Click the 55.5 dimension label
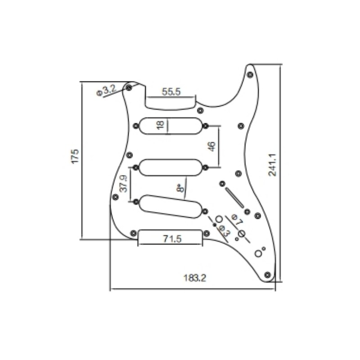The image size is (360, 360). pyautogui.click(x=171, y=92)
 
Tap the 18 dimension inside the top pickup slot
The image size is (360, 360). pyautogui.click(x=161, y=125)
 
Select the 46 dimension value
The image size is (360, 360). pyautogui.click(x=212, y=146)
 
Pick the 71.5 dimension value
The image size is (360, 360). pyautogui.click(x=171, y=239)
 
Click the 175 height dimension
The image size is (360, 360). pyautogui.click(x=75, y=156)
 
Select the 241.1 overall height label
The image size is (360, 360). pyautogui.click(x=272, y=164)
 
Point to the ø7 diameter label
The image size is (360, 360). pyautogui.click(x=237, y=220)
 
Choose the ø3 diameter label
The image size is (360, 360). pyautogui.click(x=224, y=231)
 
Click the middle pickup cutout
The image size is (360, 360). pyautogui.click(x=171, y=167)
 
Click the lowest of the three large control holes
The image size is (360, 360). pyautogui.click(x=258, y=253)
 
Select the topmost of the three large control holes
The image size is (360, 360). pyautogui.click(x=219, y=219)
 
